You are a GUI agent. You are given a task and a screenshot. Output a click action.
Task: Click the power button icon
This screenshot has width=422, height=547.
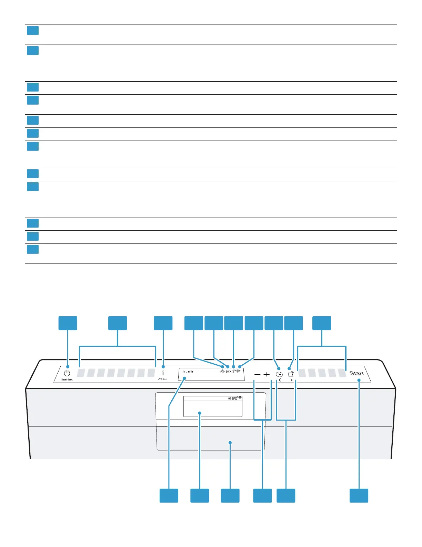[67, 373]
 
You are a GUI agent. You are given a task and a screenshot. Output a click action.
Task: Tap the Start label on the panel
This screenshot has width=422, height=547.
[356, 373]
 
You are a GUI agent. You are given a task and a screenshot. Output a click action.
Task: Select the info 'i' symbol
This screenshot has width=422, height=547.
[163, 373]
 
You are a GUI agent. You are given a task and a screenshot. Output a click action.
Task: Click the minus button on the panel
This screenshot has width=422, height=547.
[257, 374]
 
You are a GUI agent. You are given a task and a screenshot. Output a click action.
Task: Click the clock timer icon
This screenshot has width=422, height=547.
[279, 374]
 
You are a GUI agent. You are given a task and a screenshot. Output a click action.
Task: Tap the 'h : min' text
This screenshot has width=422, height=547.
[189, 372]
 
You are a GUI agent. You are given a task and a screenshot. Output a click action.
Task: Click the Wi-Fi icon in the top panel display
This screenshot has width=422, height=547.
[238, 371]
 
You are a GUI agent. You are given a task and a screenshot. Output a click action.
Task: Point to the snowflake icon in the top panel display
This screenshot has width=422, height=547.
[222, 371]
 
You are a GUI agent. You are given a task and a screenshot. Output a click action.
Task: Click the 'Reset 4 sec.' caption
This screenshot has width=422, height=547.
[67, 380]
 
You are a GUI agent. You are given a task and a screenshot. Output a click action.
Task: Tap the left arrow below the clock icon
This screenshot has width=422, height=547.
[280, 380]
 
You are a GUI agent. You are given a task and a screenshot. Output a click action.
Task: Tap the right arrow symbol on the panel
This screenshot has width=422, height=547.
[292, 380]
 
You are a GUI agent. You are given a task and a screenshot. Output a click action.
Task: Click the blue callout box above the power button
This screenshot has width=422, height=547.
[68, 323]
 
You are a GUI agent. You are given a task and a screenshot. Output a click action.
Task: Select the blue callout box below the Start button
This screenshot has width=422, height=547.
[359, 496]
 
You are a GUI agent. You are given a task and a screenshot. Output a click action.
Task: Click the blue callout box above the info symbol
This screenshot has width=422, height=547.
[163, 323]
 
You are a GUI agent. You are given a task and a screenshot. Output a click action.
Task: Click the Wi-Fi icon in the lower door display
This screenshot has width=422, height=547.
[240, 398]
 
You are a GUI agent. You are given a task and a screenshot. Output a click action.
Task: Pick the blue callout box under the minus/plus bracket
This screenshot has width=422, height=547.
[262, 496]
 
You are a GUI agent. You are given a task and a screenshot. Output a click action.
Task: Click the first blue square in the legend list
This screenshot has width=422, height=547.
[33, 31]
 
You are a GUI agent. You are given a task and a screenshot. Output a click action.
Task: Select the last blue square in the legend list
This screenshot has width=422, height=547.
[33, 249]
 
